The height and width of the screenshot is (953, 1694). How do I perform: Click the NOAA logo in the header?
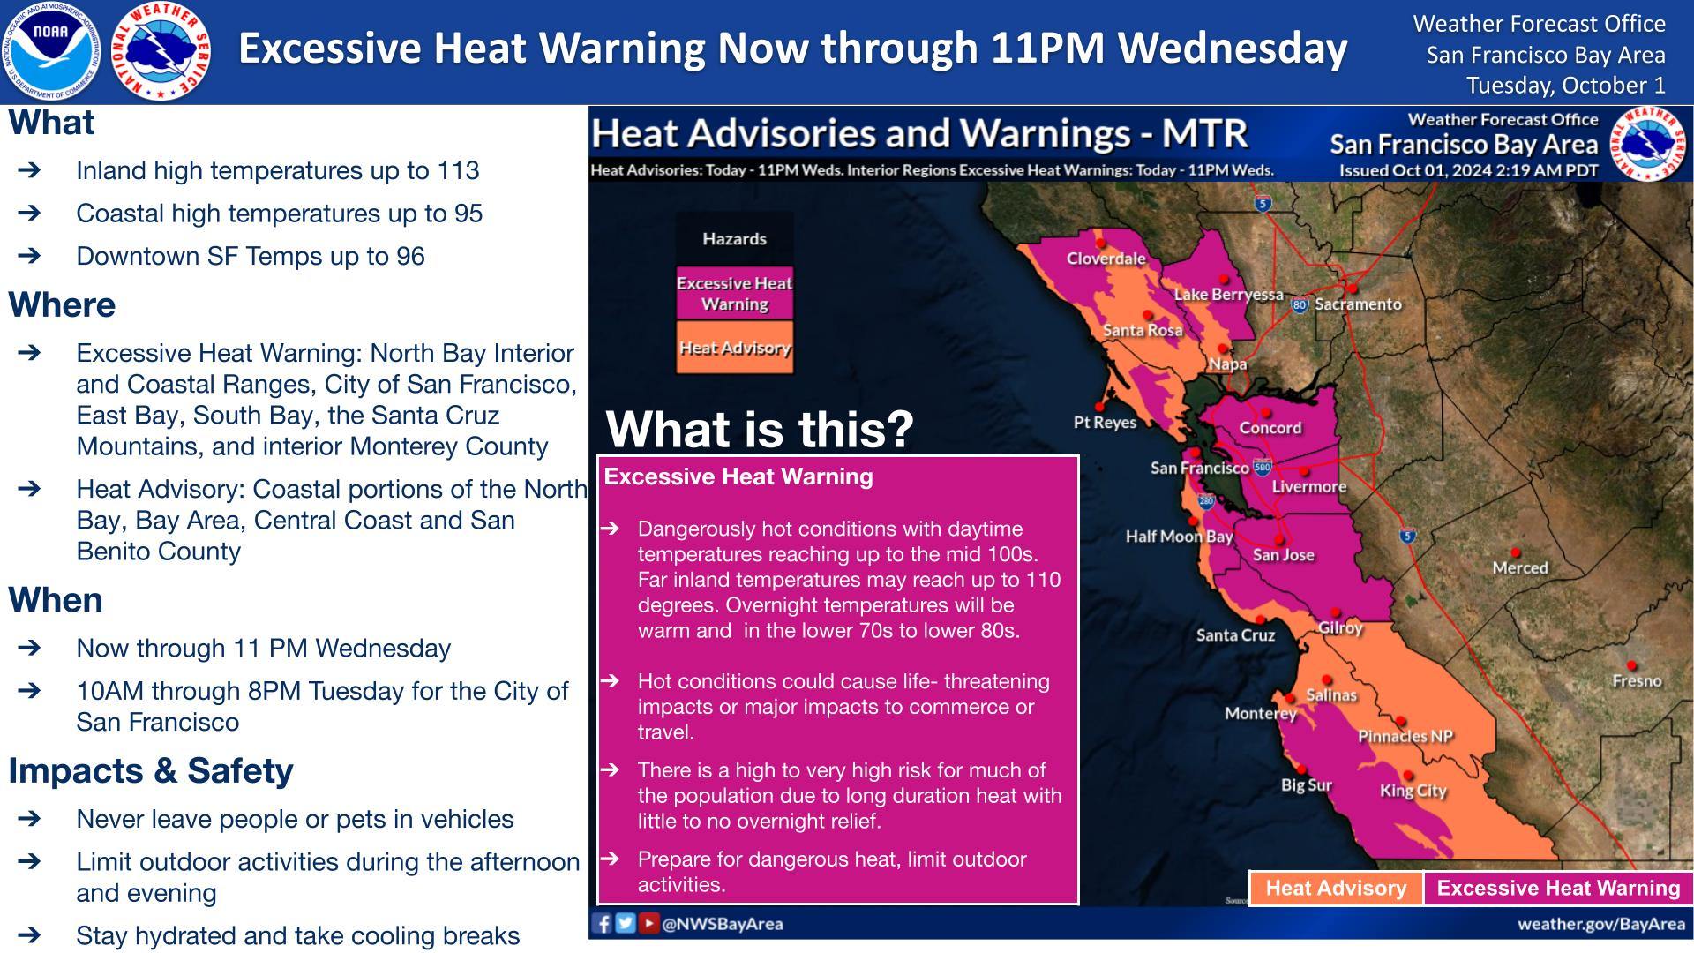[x=50, y=50]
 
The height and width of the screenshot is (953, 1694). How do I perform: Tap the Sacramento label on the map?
[x=1358, y=304]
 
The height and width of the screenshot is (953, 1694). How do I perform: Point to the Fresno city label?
[x=1637, y=681]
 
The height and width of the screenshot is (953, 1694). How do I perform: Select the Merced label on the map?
[x=1520, y=568]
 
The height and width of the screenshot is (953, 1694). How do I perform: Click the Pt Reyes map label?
[x=1105, y=423]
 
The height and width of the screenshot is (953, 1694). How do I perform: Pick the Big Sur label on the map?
[x=1307, y=785]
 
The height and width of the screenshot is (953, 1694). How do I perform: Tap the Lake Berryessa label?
[x=1228, y=295]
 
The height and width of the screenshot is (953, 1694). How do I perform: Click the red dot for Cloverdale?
[x=1100, y=243]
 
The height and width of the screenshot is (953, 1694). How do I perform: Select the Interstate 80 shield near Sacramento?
[x=1300, y=305]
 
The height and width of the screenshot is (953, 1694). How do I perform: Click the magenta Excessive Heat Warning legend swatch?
[x=734, y=293]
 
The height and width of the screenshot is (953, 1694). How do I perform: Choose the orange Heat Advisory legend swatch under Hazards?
[x=734, y=348]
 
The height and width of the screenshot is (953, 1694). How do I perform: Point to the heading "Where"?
[x=62, y=305]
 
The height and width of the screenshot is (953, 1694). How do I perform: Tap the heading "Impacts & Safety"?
[x=151, y=770]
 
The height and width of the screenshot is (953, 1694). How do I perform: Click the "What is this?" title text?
[x=760, y=430]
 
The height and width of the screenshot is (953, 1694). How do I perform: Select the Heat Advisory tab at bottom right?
[x=1336, y=889]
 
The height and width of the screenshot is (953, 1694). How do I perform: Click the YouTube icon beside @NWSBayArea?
[x=648, y=923]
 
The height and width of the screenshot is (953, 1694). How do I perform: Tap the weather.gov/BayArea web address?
[x=1600, y=924]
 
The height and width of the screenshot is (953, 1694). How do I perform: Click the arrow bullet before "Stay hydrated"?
[x=28, y=935]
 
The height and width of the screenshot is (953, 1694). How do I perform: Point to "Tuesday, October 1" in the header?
[x=1565, y=86]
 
